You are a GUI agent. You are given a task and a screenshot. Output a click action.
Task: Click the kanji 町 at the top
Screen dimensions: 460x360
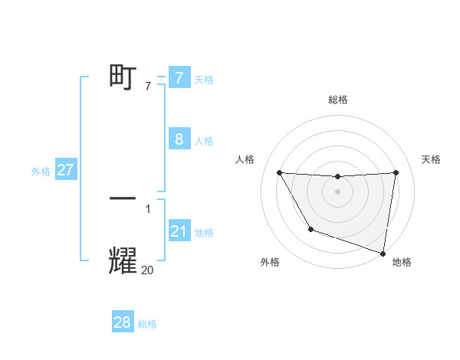(x=123, y=78)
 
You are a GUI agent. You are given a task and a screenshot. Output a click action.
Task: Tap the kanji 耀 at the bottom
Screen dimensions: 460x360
(x=123, y=260)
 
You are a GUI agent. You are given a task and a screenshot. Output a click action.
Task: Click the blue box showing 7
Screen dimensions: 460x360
(x=179, y=78)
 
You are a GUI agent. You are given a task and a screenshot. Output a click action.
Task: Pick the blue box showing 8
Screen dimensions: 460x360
(x=179, y=139)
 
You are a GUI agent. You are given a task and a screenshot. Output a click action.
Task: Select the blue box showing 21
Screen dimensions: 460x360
(x=179, y=231)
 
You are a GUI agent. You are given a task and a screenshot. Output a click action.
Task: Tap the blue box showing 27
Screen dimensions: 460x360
(x=65, y=170)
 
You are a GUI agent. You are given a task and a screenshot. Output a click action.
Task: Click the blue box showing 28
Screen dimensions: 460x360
(x=123, y=322)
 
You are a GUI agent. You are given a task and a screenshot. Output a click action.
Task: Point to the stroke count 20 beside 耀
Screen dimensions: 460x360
(x=147, y=270)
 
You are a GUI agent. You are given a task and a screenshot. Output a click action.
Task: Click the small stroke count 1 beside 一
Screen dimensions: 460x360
(x=147, y=208)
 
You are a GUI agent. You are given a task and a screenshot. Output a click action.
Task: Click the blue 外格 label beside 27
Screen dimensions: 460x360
(x=41, y=172)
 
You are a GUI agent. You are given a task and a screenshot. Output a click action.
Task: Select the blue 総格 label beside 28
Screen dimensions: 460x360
(x=147, y=324)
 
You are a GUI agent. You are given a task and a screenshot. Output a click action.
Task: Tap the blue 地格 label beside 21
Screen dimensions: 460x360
(x=204, y=233)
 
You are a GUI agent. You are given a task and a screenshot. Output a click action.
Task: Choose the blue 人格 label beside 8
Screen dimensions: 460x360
(x=204, y=141)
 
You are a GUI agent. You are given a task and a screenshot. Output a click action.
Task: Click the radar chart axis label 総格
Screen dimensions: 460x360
(x=337, y=100)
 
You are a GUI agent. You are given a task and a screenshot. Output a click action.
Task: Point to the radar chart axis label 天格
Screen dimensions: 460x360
(x=432, y=159)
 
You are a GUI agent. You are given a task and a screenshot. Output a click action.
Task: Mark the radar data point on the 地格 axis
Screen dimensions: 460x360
(x=383, y=252)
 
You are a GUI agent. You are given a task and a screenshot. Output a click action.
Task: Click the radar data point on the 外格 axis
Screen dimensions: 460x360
(x=310, y=229)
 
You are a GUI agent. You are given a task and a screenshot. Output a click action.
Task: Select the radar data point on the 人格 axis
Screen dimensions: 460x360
(x=280, y=172)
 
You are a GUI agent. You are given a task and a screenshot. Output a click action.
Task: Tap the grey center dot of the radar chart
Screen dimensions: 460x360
(x=337, y=191)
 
